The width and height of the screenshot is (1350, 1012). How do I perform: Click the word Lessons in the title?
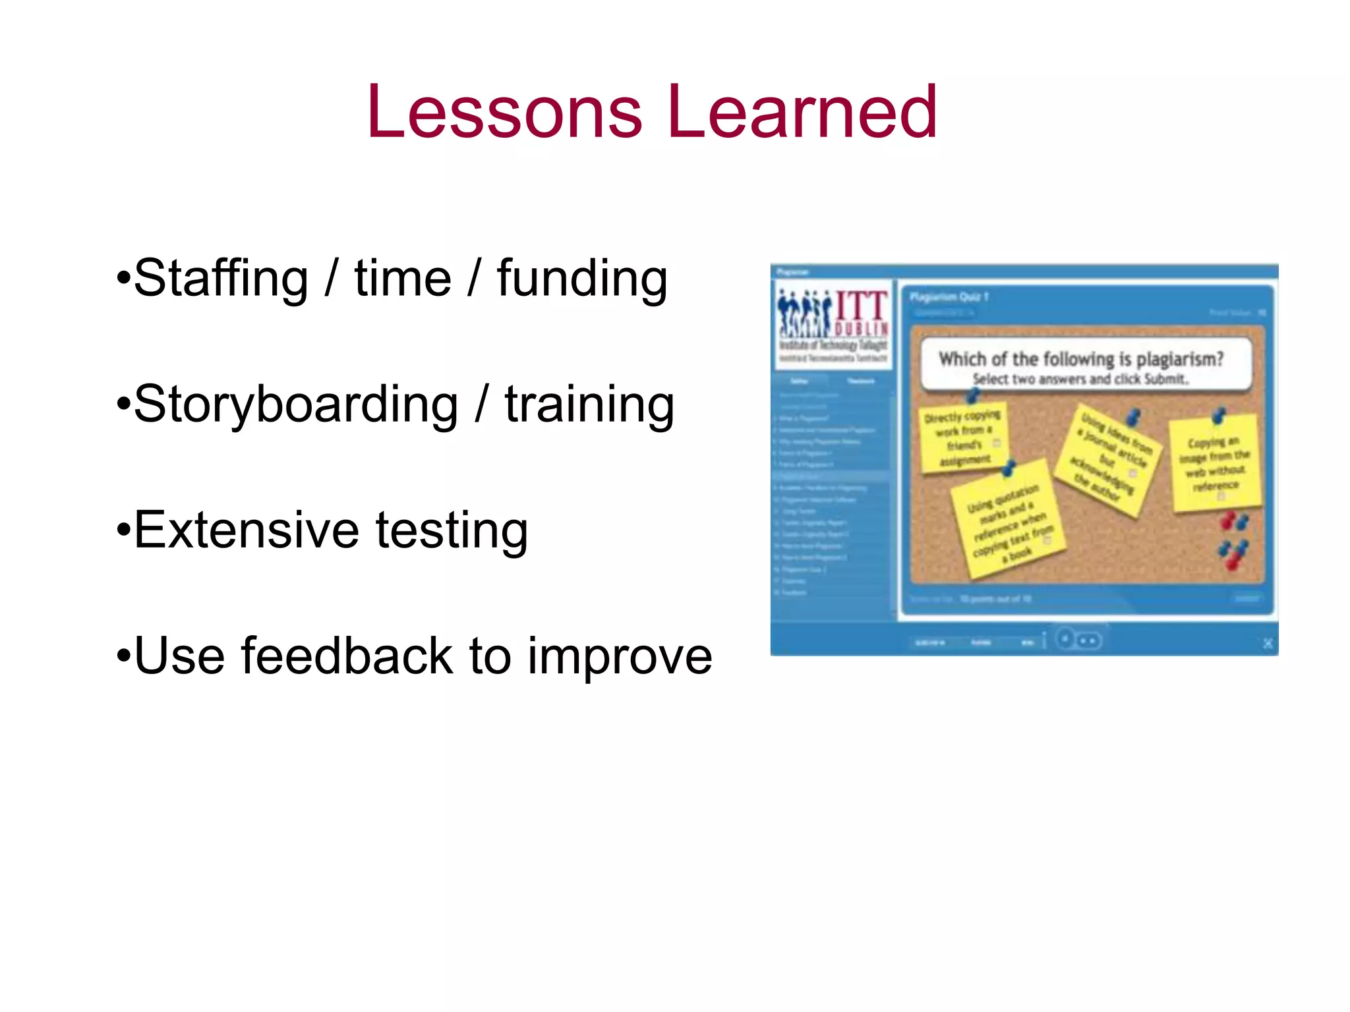pos(504,112)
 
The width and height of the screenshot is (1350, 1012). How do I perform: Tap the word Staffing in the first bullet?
pos(221,279)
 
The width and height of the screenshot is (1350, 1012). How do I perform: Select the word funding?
pos(582,279)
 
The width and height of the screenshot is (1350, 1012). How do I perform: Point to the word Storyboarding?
pos(296,405)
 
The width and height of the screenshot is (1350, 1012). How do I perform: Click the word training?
pos(589,405)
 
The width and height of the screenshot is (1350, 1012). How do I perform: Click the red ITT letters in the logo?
pos(862,307)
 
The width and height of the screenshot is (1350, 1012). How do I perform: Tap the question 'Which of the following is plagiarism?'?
pos(1081,359)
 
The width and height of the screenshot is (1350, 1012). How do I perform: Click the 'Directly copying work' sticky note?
pos(964,437)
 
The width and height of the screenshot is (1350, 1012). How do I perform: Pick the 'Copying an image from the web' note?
pos(1214,464)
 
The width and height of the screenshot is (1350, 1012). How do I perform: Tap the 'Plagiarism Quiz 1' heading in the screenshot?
pos(949,297)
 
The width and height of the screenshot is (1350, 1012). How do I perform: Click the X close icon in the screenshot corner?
pos(1267,644)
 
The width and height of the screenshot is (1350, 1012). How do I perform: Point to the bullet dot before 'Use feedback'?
pos(123,657)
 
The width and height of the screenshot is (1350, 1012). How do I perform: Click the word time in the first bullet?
pos(403,279)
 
